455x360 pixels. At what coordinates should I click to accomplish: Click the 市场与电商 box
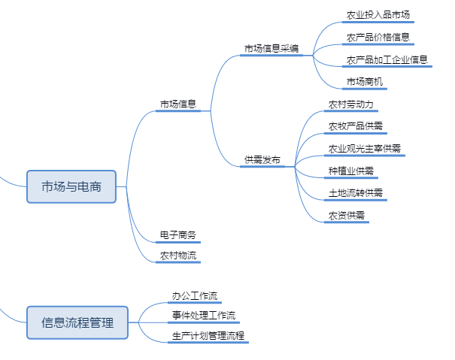click(x=71, y=186)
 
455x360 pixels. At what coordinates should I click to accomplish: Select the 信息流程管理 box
click(x=77, y=322)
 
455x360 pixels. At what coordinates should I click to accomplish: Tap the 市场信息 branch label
click(x=178, y=104)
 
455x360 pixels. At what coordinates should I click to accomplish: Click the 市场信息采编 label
click(x=271, y=49)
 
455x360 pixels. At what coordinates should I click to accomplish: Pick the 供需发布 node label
click(x=262, y=160)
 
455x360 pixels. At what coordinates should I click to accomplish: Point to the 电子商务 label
click(x=178, y=236)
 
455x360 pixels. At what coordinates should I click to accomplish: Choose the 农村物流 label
click(x=178, y=256)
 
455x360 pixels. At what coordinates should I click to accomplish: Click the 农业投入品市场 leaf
click(x=378, y=15)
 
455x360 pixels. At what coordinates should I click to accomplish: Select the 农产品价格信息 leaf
click(x=378, y=38)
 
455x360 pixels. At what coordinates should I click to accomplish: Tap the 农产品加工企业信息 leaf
click(x=387, y=60)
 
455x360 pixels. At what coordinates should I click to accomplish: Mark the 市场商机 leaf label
click(x=365, y=82)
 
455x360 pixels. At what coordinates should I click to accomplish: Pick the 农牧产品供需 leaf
click(x=356, y=126)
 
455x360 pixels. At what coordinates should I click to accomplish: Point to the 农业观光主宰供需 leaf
click(x=365, y=149)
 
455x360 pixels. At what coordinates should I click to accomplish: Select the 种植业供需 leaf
click(x=351, y=171)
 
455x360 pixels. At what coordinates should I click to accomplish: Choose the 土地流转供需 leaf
click(x=356, y=193)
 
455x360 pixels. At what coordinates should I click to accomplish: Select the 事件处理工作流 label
click(x=204, y=316)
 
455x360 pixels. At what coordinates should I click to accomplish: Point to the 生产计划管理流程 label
click(x=208, y=336)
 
